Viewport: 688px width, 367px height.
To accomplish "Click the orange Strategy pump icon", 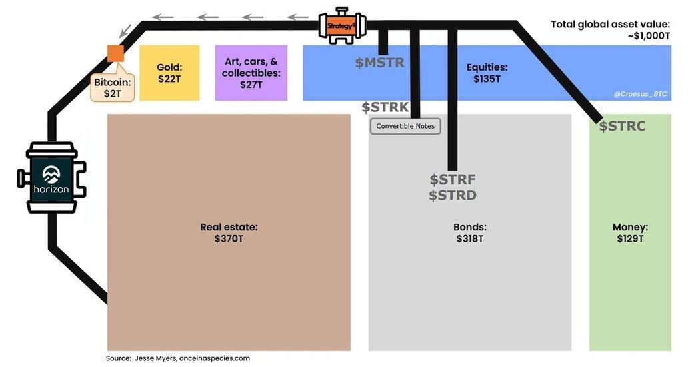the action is coord(342,25).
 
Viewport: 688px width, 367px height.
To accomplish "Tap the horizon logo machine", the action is coord(52,177).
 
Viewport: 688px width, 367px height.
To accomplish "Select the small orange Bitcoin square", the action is coord(116,53).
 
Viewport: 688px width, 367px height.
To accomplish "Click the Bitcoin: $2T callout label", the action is coord(112,88).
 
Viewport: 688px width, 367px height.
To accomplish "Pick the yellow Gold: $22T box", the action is coord(169,73).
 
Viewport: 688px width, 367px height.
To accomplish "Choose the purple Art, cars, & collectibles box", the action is coord(251,73).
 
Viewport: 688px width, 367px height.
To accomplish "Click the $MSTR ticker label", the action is coord(380,63).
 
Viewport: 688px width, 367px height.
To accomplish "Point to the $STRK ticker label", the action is coord(385,107).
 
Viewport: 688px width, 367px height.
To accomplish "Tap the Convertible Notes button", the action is coord(405,126).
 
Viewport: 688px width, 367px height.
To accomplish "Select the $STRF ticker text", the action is coord(453,179).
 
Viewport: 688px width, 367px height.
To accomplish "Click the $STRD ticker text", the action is coord(453,195).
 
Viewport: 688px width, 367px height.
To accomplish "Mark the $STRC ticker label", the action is coord(623,126).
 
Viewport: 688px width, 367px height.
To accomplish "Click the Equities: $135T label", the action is coord(487,73).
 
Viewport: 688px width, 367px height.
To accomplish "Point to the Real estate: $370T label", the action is coord(229,233).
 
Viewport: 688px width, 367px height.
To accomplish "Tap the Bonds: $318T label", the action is coord(470,233).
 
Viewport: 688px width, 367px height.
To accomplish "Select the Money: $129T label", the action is coord(630,233).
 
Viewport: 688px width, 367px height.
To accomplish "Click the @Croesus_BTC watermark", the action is coord(641,94).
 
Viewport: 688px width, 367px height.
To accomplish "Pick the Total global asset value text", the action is coord(611,30).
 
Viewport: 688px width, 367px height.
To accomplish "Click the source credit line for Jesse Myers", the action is coord(178,358).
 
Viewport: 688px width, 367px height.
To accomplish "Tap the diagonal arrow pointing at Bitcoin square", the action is coord(125,31).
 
